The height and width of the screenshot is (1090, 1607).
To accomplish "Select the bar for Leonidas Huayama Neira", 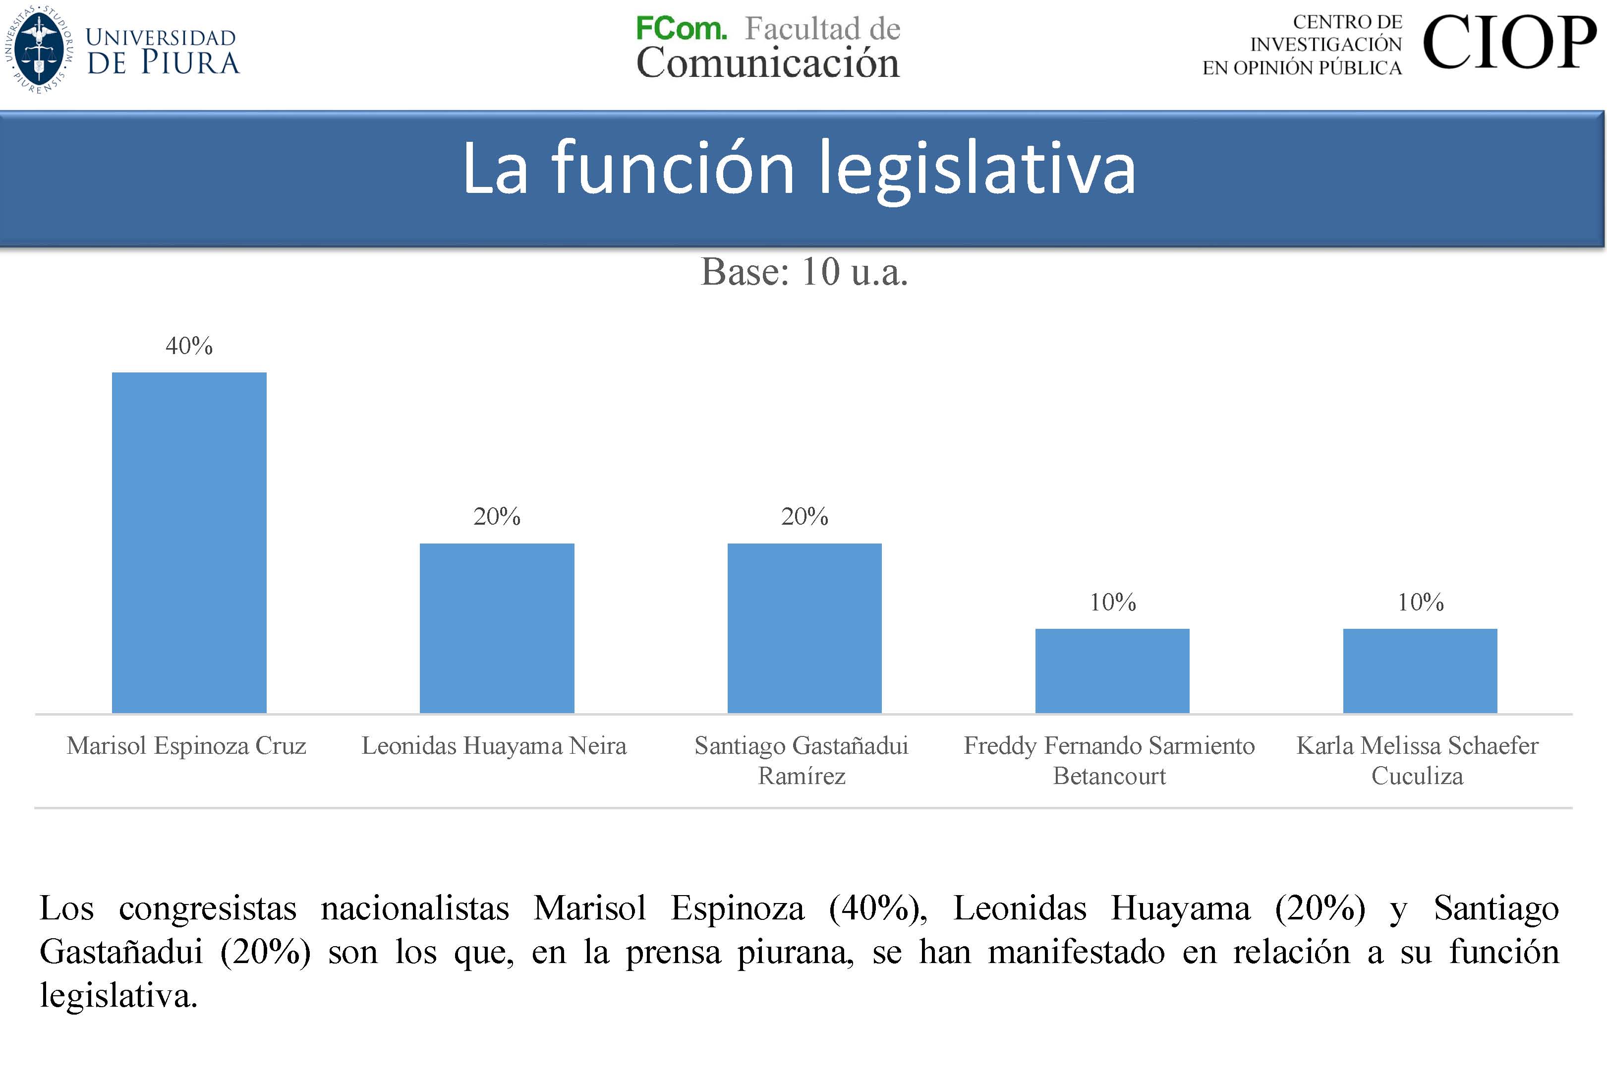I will [497, 627].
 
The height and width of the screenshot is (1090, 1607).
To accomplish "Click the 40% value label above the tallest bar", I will [189, 346].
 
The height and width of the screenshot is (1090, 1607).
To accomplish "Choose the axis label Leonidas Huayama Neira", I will [494, 745].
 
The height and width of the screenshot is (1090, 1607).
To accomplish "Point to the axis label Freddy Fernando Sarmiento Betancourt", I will [1109, 760].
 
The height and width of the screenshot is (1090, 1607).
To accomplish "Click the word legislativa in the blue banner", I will [976, 168].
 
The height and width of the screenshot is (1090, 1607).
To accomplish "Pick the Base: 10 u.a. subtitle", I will [803, 272].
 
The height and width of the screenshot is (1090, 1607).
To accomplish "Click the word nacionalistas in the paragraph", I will [415, 908].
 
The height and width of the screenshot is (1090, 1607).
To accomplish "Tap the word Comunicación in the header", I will [767, 63].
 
